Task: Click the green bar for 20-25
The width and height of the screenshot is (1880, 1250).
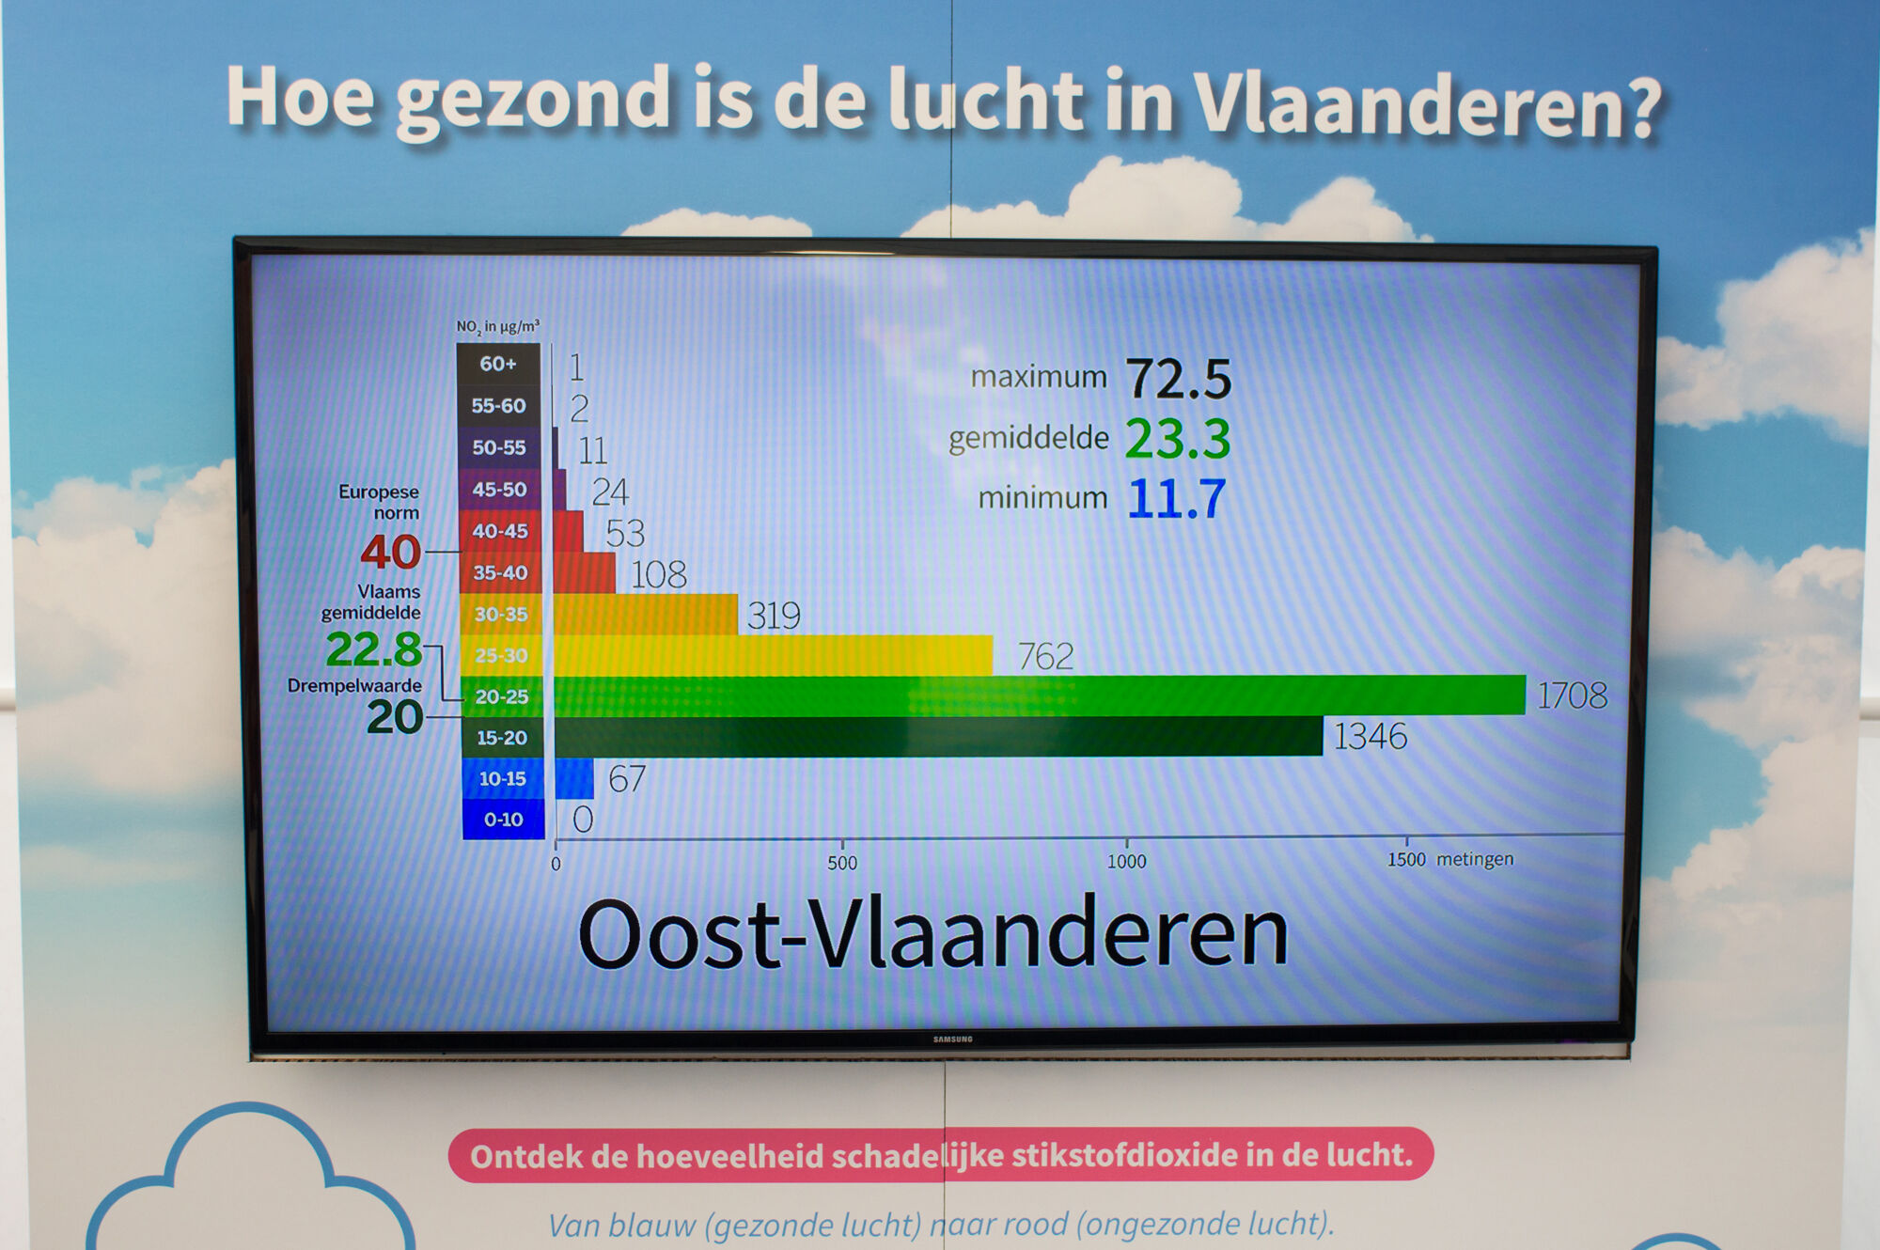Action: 1040,695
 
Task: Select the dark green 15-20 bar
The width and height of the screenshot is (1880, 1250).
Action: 939,736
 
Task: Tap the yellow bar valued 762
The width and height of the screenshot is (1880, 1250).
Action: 774,655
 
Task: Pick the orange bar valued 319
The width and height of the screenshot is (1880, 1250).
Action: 646,614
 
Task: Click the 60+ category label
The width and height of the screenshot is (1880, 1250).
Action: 498,364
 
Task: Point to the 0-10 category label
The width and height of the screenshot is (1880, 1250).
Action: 504,820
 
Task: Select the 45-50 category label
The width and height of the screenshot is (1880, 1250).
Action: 499,490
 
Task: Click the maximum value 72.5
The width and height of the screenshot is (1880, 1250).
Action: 1179,378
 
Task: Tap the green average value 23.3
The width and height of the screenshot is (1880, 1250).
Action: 1178,439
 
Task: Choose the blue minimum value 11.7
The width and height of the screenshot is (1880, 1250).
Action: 1177,498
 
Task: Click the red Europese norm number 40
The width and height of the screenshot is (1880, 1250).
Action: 391,552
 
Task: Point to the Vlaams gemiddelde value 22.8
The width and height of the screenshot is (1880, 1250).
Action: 374,648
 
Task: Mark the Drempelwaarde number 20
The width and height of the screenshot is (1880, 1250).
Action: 395,717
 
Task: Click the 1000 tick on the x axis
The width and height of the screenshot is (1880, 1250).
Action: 1126,861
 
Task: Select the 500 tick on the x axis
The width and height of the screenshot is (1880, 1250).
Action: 842,863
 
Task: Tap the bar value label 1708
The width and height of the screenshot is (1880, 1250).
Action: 1572,695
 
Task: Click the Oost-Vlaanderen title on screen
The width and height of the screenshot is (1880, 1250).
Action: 932,933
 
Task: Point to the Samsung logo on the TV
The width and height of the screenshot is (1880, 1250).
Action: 952,1039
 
